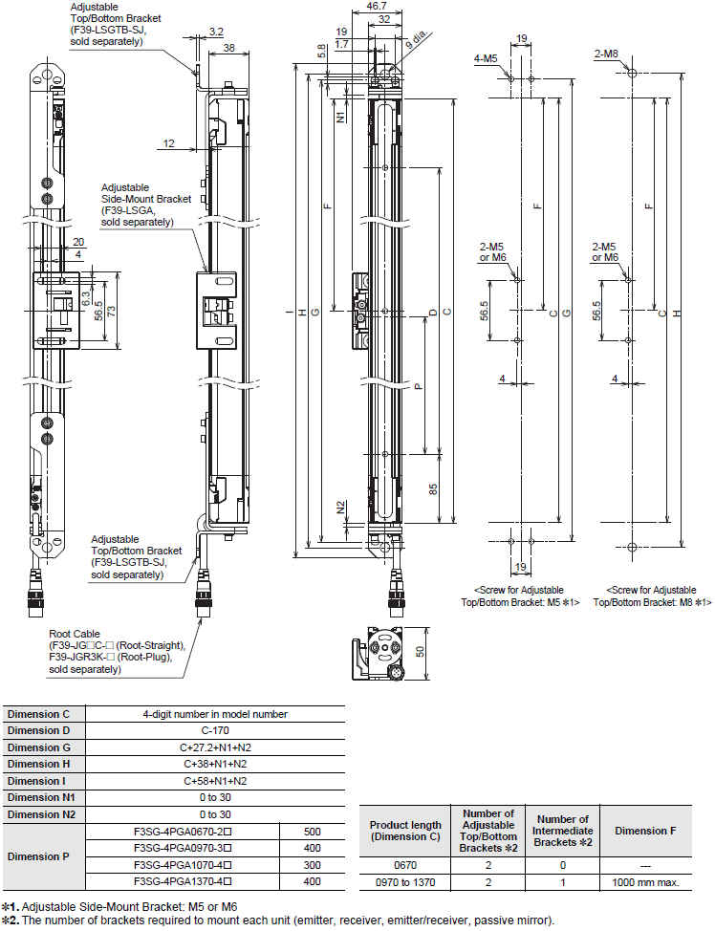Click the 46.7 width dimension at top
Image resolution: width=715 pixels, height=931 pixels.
point(363,6)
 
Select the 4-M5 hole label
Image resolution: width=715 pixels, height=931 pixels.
point(485,59)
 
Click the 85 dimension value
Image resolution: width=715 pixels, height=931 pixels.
point(433,488)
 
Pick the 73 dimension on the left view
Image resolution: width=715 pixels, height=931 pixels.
point(111,311)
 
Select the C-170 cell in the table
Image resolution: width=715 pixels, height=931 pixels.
point(214,730)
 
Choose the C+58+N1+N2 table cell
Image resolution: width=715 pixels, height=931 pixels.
point(214,780)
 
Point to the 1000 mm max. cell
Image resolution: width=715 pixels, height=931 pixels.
point(646,882)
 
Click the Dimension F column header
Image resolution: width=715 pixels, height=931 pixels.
point(646,831)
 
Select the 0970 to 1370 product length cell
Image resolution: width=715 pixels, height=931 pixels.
point(405,882)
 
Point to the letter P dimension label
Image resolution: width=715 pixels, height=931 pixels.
point(418,387)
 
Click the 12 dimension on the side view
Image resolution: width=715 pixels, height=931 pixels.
point(168,143)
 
